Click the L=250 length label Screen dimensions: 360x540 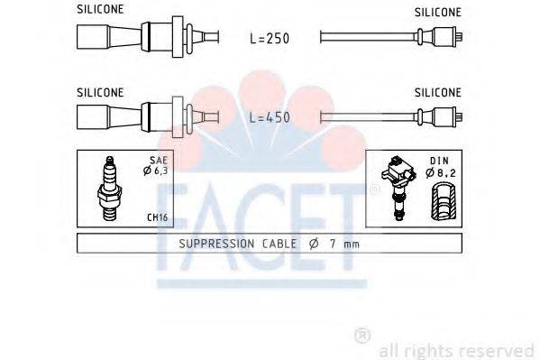tap(270, 40)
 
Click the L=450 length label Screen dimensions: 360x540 tap(270, 118)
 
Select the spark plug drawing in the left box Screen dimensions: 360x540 tap(109, 189)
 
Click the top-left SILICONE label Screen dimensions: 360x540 tap(100, 10)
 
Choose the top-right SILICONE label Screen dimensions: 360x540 tap(438, 12)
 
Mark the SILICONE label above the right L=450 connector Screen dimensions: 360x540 tap(438, 91)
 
